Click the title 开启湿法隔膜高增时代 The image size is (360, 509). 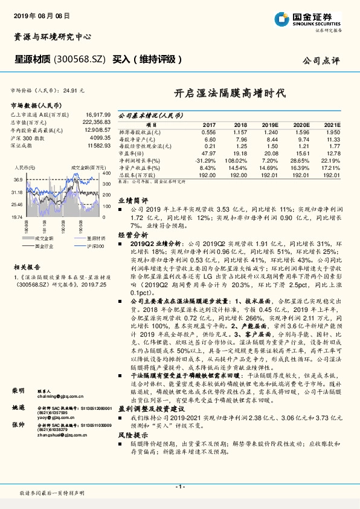tap(220, 93)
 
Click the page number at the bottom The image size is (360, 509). tap(179, 487)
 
